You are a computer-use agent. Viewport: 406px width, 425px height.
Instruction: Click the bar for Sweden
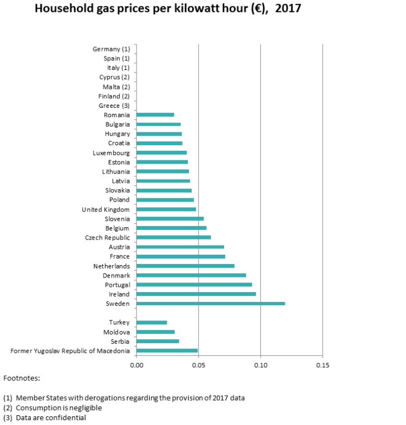point(211,304)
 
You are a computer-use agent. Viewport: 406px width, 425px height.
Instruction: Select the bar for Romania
point(155,115)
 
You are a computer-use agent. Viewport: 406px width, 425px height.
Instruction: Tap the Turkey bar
point(152,323)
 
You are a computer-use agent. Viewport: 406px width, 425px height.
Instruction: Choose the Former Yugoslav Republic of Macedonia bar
point(167,351)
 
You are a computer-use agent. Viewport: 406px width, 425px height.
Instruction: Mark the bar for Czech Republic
point(174,237)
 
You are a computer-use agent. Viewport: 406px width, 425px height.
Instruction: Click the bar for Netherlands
point(185,266)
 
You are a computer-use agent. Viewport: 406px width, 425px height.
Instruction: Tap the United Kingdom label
point(106,209)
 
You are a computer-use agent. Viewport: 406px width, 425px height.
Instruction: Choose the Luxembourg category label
point(112,153)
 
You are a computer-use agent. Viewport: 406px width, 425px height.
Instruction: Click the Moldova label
point(116,332)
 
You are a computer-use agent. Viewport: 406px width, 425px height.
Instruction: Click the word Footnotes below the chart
point(22,378)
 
